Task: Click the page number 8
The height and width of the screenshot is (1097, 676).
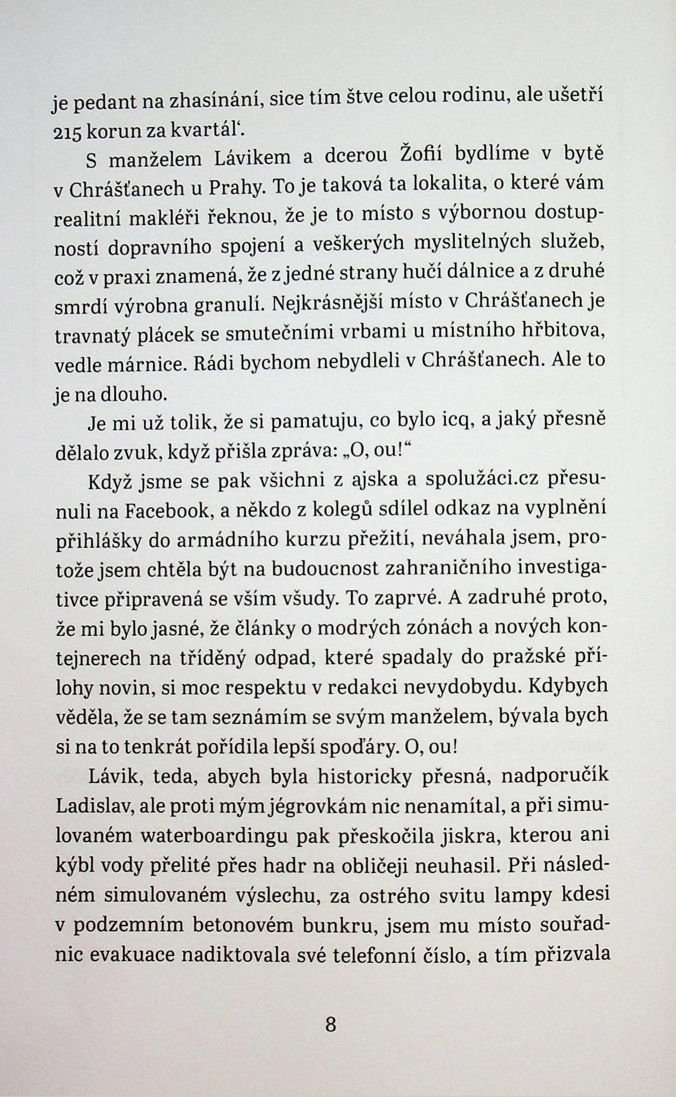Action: pyautogui.click(x=330, y=1025)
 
